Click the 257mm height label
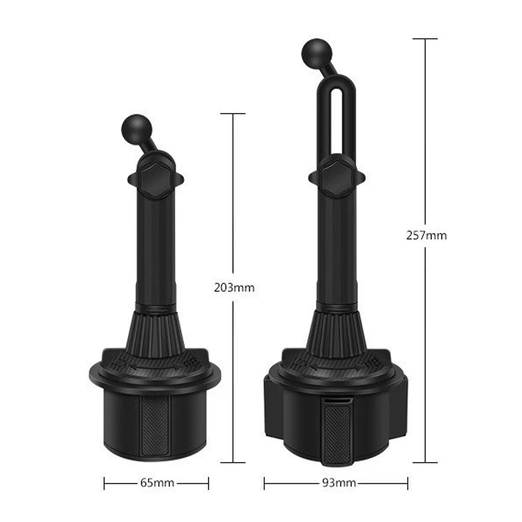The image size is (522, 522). (x=426, y=235)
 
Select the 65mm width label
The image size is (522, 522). (x=157, y=482)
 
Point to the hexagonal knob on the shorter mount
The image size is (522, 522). (x=155, y=179)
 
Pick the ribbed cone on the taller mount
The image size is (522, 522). (x=336, y=331)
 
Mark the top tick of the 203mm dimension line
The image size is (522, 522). (x=233, y=113)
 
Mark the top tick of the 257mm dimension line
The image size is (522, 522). (x=425, y=39)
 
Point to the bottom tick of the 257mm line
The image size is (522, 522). (x=425, y=462)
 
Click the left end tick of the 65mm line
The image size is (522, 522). (x=104, y=483)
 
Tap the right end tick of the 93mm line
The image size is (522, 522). (x=408, y=483)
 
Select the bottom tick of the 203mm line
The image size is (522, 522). (x=233, y=462)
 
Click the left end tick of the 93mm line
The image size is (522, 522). (x=265, y=483)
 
